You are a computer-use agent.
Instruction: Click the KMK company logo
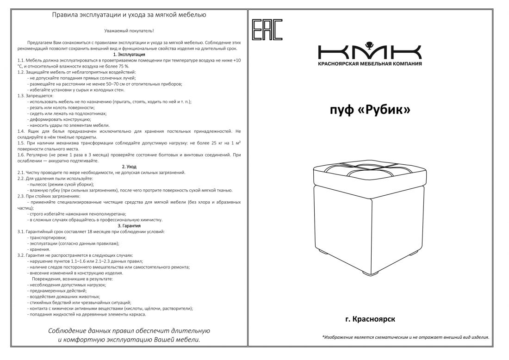pyautogui.click(x=370, y=50)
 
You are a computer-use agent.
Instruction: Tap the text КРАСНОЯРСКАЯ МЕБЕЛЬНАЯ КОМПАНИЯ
pyautogui.click(x=370, y=63)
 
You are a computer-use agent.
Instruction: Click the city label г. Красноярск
pyautogui.click(x=370, y=319)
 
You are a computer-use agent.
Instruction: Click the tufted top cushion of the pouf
pyautogui.click(x=369, y=174)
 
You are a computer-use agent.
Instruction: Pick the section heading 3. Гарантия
pyautogui.click(x=129, y=225)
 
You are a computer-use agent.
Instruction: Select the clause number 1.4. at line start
pyautogui.click(x=21, y=131)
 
